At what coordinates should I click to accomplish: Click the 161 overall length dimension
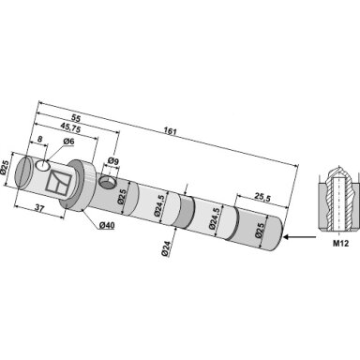171,131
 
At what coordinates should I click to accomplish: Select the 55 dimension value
76,118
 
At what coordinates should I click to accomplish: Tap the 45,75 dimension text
70,128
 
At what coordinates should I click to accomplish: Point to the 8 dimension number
39,139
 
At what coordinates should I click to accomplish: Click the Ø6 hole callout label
68,142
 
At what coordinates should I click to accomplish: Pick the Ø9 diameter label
113,161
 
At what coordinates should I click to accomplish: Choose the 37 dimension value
38,208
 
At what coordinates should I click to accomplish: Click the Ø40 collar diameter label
107,225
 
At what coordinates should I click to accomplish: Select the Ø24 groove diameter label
166,249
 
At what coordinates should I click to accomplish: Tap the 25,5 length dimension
262,198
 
